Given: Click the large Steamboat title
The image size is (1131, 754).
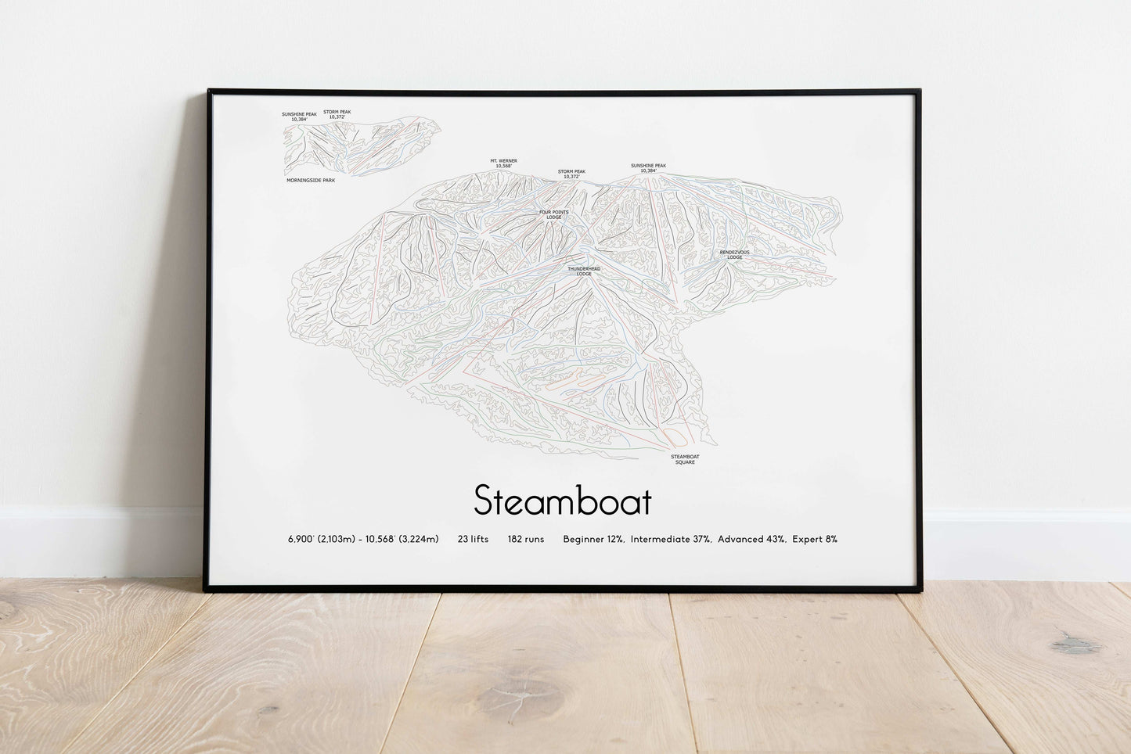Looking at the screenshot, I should click(562, 501).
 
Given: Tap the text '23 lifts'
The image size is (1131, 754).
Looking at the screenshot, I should click(473, 539).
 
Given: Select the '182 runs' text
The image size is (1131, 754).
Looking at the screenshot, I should click(525, 539).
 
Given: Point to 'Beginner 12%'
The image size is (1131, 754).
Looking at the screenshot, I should click(593, 539).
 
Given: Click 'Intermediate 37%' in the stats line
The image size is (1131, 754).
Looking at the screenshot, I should click(671, 539).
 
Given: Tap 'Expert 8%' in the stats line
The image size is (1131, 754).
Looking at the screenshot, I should click(814, 539).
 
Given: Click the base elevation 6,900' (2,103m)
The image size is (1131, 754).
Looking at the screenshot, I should click(321, 539).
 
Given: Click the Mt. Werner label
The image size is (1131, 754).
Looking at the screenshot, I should click(503, 163).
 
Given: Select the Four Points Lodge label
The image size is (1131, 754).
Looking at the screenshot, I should click(554, 214).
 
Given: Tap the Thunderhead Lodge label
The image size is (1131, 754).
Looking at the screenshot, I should click(584, 271).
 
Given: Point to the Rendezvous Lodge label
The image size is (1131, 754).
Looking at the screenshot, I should click(734, 254).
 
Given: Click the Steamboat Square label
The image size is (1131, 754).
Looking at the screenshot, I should click(685, 459).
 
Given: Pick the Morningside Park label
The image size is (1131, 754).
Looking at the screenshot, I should click(311, 180).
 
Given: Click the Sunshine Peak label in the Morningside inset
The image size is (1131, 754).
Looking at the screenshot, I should click(299, 117).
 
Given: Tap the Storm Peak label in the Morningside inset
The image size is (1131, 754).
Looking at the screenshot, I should click(337, 114).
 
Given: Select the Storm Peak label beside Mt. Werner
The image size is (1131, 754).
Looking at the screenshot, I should click(571, 174).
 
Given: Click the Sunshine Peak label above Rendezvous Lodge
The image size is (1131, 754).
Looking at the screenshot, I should click(648, 167).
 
